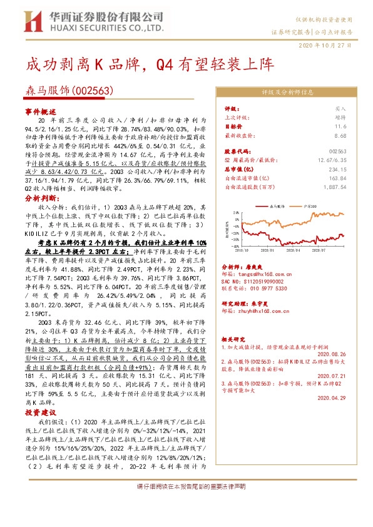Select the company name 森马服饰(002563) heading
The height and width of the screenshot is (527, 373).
pyautogui.click(x=68, y=90)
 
